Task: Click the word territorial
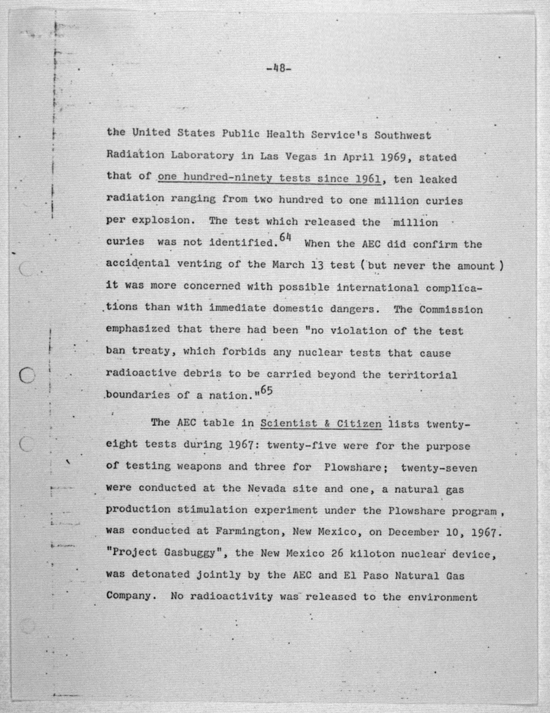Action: click(422, 375)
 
